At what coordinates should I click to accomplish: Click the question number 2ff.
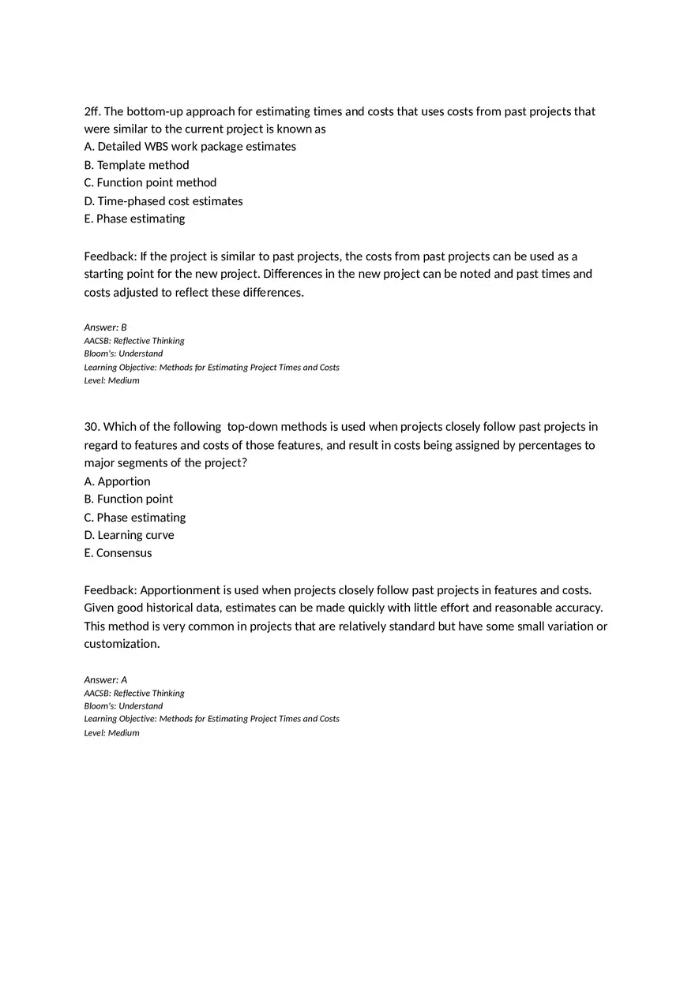(x=92, y=111)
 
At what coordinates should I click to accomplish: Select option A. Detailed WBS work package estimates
(x=190, y=147)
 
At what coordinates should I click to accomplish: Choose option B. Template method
(x=137, y=165)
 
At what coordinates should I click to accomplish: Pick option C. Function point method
(x=150, y=182)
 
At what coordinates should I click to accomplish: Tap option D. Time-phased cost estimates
(x=163, y=201)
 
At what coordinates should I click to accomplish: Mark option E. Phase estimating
(x=134, y=219)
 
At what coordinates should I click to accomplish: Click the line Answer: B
(x=105, y=327)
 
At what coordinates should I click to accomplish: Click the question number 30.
(x=92, y=427)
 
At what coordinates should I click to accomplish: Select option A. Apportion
(x=117, y=481)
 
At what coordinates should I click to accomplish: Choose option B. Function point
(x=129, y=499)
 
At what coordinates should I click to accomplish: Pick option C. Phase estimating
(x=135, y=518)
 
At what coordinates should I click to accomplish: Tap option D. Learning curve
(x=129, y=535)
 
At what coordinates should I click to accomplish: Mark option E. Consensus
(x=118, y=553)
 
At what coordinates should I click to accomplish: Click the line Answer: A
(x=105, y=679)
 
